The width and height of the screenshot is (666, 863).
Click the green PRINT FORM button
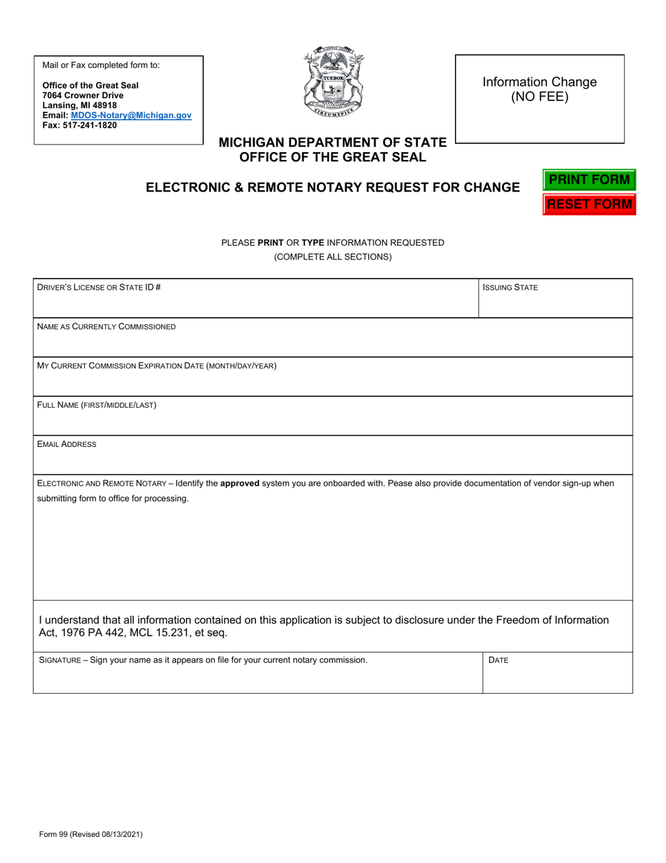click(589, 180)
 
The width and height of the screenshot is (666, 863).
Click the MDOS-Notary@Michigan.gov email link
click(131, 115)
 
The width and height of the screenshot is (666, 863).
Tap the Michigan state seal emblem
click(333, 83)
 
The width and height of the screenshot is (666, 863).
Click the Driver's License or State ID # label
click(99, 287)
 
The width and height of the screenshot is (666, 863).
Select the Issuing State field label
click(510, 287)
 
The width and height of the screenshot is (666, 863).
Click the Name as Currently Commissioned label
click(107, 326)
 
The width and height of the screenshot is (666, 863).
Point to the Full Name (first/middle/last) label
click(97, 405)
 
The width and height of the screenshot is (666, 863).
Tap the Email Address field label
click(67, 444)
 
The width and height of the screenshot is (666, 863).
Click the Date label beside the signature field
click(498, 660)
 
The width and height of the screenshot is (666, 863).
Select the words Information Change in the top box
click(540, 82)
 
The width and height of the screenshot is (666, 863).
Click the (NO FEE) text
click(540, 97)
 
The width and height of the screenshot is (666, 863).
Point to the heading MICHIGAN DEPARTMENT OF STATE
click(332, 142)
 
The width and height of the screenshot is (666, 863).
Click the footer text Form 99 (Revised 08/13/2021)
click(91, 834)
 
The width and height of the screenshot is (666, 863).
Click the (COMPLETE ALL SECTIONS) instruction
click(333, 257)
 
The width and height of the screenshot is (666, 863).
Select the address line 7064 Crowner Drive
click(83, 95)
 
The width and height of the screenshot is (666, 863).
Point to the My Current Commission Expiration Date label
click(156, 366)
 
